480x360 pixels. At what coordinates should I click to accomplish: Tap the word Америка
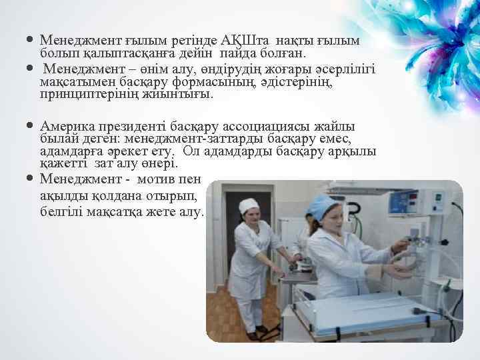[67, 126]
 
